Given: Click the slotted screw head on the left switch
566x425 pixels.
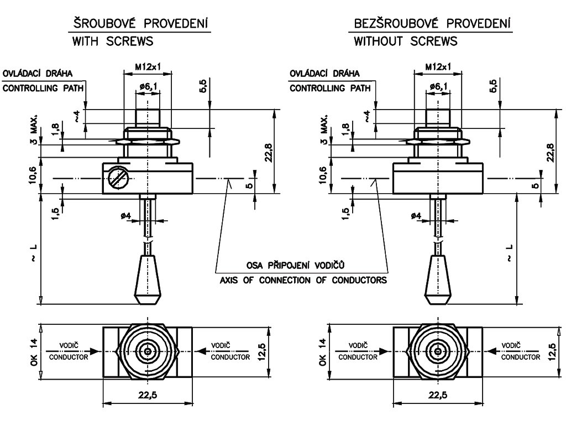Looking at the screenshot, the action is pyautogui.click(x=119, y=178).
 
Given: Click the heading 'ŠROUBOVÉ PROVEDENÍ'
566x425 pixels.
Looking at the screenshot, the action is pyautogui.click(x=141, y=23).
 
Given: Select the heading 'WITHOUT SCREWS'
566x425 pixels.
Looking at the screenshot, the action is pyautogui.click(x=405, y=41).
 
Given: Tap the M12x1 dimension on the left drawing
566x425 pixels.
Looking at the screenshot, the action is pyautogui.click(x=148, y=67).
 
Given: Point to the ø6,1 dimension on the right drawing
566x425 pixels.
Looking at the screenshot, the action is pyautogui.click(x=438, y=86).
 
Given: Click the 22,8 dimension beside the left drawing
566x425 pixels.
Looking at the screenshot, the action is pyautogui.click(x=269, y=153).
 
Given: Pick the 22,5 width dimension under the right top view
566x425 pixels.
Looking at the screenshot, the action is pyautogui.click(x=438, y=395).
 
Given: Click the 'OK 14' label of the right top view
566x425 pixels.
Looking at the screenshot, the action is pyautogui.click(x=322, y=352).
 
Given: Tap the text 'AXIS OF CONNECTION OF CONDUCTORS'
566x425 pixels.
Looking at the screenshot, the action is pyautogui.click(x=303, y=280).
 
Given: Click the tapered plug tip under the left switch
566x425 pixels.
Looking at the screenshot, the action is pyautogui.click(x=148, y=279).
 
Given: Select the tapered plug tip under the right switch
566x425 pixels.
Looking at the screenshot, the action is pyautogui.click(x=438, y=279).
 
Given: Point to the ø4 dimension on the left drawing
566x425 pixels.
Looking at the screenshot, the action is pyautogui.click(x=127, y=216).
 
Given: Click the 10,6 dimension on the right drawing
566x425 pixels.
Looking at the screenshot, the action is pyautogui.click(x=322, y=175).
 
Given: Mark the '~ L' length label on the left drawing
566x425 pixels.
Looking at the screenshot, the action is pyautogui.click(x=34, y=253).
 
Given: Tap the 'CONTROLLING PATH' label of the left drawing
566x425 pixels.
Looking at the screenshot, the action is pyautogui.click(x=43, y=88).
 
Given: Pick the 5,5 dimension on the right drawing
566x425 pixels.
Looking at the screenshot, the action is pyautogui.click(x=493, y=86).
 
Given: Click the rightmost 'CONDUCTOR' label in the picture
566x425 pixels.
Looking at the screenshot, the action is pyautogui.click(x=521, y=357).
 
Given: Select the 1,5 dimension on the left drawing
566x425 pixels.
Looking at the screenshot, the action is pyautogui.click(x=55, y=214).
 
